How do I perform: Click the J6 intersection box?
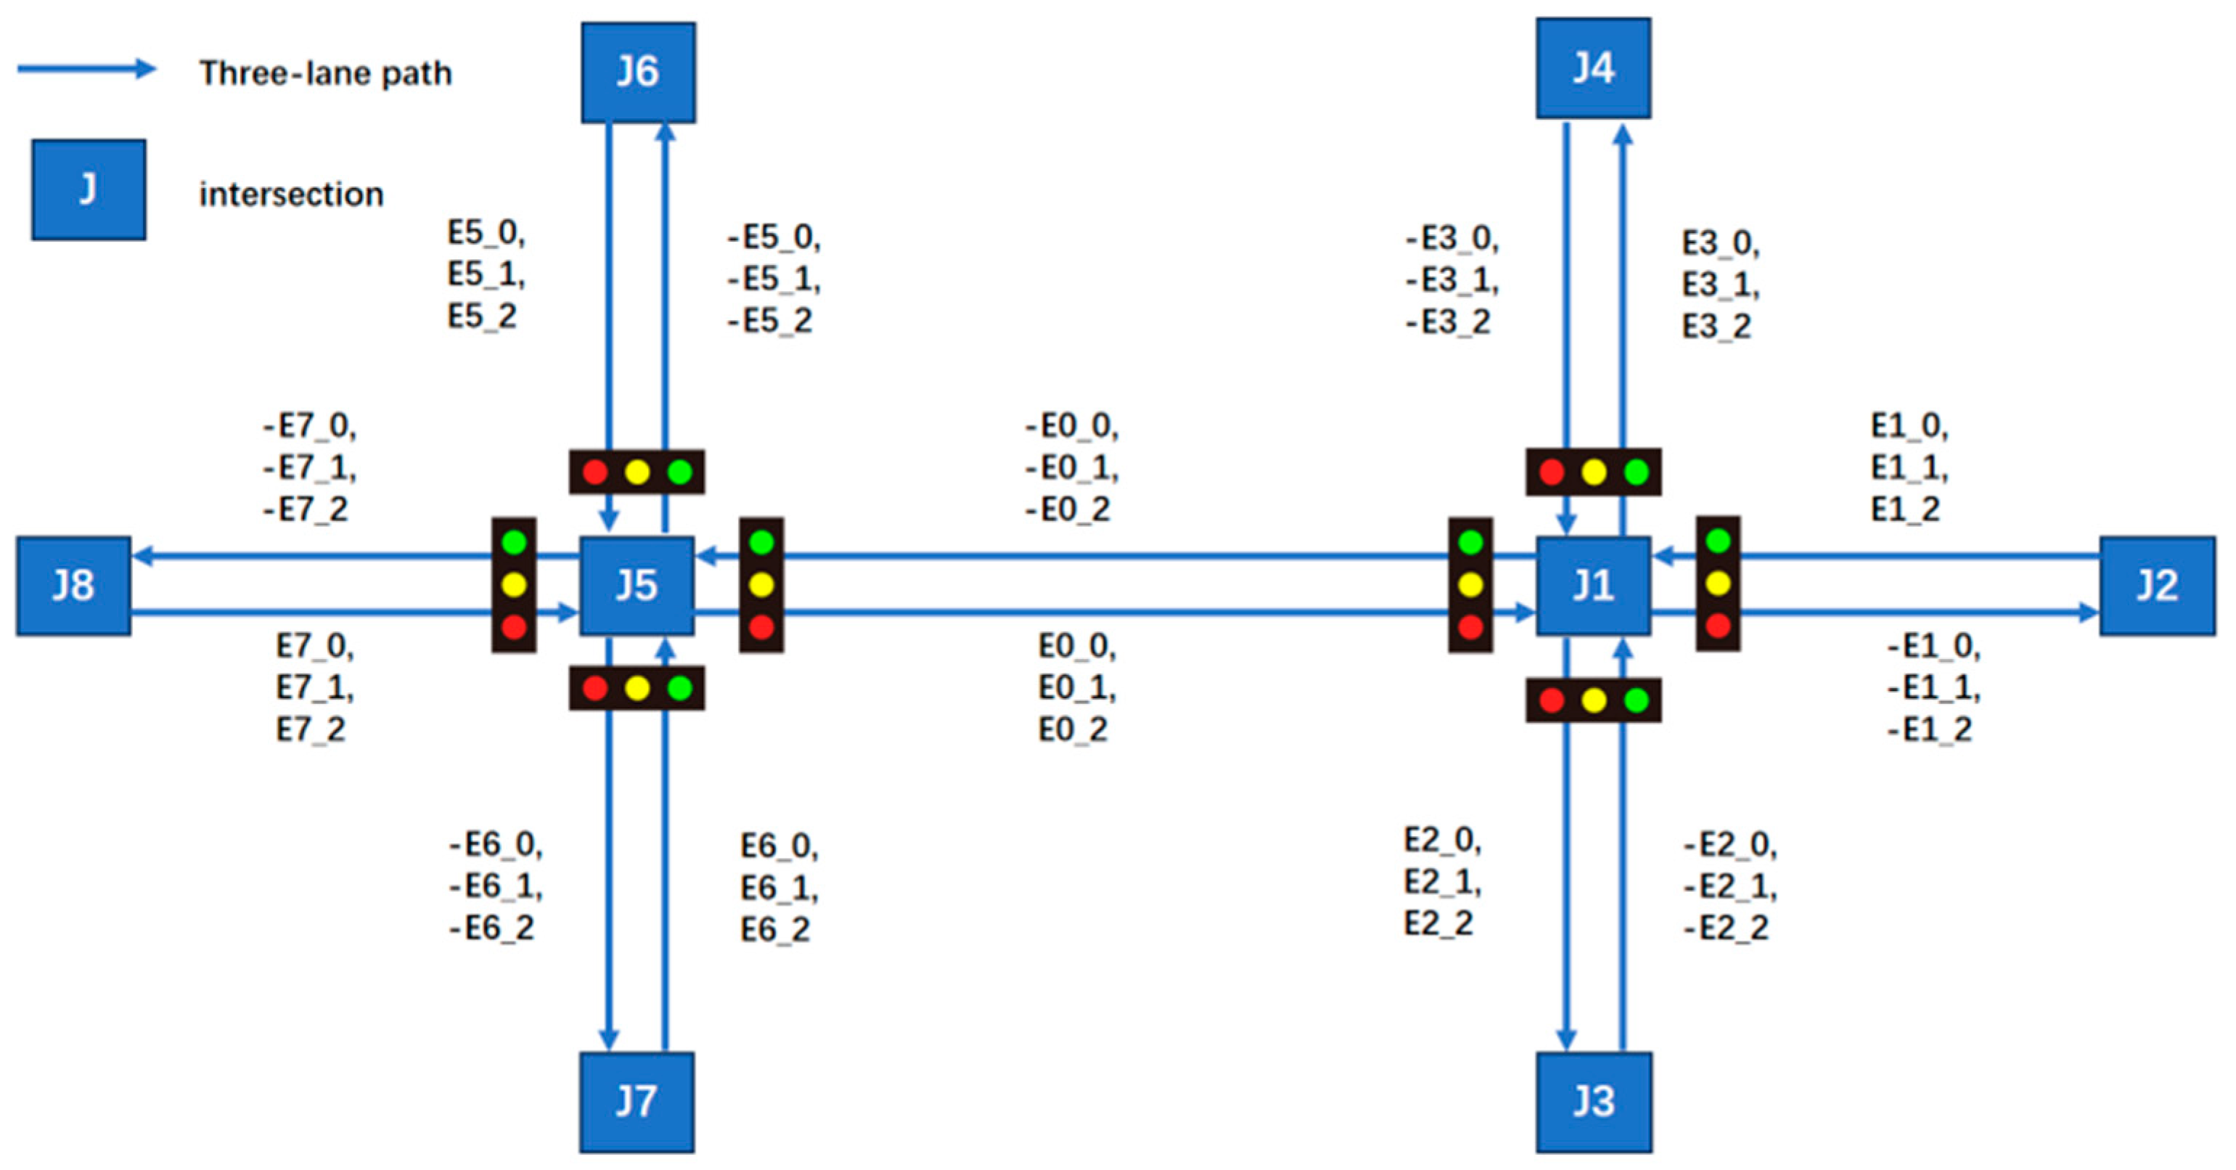[638, 72]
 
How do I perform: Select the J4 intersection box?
[1593, 68]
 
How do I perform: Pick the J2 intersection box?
[2156, 586]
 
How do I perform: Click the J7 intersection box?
[637, 1102]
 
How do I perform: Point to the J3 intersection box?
[1593, 1102]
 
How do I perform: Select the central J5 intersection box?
[637, 586]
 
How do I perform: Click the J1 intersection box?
[1593, 586]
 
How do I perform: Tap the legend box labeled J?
[89, 189]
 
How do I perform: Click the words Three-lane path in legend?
[326, 73]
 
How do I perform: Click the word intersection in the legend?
[291, 195]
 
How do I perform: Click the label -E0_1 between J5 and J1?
[1071, 468]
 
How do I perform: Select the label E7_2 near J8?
[311, 729]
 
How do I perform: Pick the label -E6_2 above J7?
[491, 928]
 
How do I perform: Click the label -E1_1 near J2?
[1933, 687]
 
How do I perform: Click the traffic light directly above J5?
[637, 472]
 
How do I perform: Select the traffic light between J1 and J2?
[1718, 584]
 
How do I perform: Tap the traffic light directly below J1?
[1593, 700]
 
